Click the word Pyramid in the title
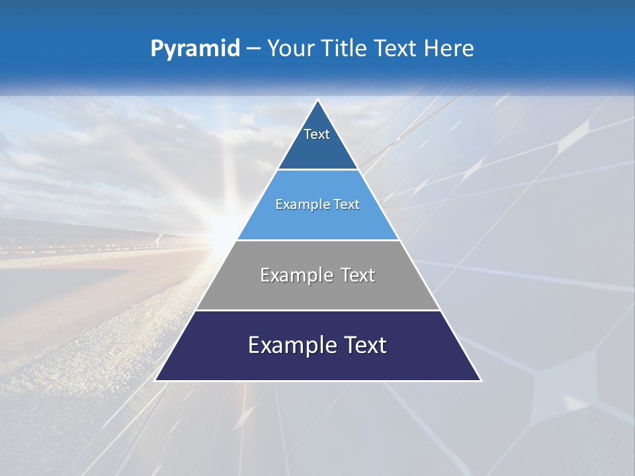tap(195, 49)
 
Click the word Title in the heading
tap(345, 48)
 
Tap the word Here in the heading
tap(449, 48)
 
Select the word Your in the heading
tap(291, 48)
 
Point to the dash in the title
tap(253, 49)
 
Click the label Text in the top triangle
tap(317, 134)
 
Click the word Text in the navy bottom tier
tap(363, 345)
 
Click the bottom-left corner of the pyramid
tap(156, 380)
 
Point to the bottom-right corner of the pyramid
tap(480, 380)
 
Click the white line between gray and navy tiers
tap(318, 310)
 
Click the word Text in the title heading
tap(395, 48)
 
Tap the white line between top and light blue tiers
tap(318, 170)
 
